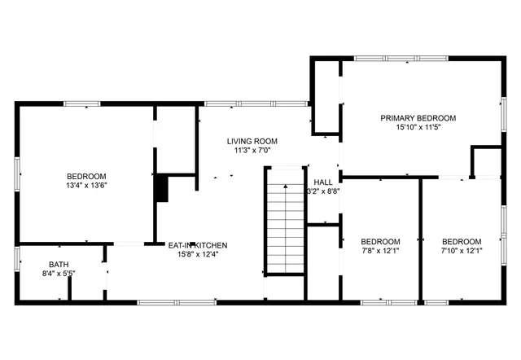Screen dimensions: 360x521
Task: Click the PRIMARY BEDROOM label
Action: pyautogui.click(x=418, y=118)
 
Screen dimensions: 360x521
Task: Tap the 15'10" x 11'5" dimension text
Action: pyautogui.click(x=418, y=128)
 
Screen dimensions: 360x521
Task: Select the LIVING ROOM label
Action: pyautogui.click(x=252, y=141)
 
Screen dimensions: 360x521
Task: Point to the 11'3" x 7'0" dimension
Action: pyautogui.click(x=252, y=151)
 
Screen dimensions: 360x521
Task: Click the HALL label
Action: pyautogui.click(x=322, y=182)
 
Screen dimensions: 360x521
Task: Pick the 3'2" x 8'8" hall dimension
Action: pyautogui.click(x=322, y=191)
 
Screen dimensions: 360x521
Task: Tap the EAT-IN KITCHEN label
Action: pyautogui.click(x=197, y=244)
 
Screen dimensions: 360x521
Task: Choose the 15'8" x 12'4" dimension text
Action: pyautogui.click(x=197, y=254)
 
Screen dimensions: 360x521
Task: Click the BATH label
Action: pyautogui.click(x=59, y=264)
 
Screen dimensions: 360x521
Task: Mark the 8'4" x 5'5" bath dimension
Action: pyautogui.click(x=59, y=274)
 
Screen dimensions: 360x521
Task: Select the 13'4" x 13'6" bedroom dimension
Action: pyautogui.click(x=86, y=186)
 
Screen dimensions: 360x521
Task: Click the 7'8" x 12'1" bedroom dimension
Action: pyautogui.click(x=380, y=251)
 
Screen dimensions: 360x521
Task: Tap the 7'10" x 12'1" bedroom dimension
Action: pyautogui.click(x=462, y=251)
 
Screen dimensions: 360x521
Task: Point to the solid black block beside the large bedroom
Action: pyautogui.click(x=161, y=188)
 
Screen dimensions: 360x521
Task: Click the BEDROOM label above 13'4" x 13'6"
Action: pyautogui.click(x=86, y=177)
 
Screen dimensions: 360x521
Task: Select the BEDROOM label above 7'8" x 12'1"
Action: pyautogui.click(x=380, y=242)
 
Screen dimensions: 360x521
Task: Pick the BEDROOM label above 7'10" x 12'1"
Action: pyautogui.click(x=462, y=242)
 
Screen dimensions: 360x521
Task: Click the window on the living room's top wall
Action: pyautogui.click(x=255, y=103)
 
